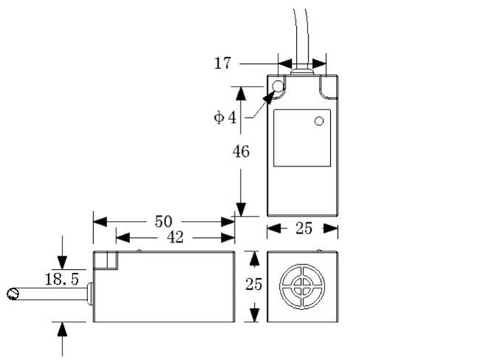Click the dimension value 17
(223, 63)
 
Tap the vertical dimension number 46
(241, 151)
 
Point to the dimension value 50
(163, 222)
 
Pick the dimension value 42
(174, 238)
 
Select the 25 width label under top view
(303, 229)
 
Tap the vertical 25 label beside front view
(253, 285)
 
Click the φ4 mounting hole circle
(277, 89)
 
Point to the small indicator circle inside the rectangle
(319, 121)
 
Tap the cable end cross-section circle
(11, 294)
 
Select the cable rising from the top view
(301, 32)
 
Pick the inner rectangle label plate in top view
(302, 138)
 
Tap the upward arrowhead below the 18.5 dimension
(63, 327)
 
